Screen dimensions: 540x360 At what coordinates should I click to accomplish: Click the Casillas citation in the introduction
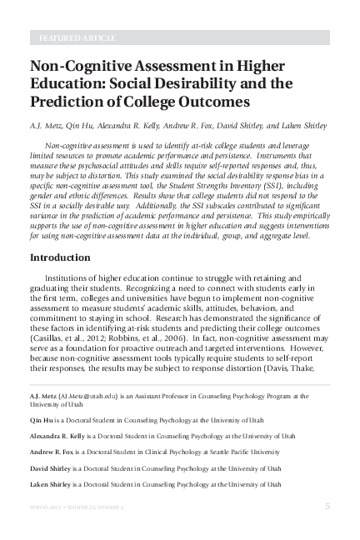[x=65, y=341]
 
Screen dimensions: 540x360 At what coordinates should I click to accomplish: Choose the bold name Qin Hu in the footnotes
[x=42, y=422]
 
